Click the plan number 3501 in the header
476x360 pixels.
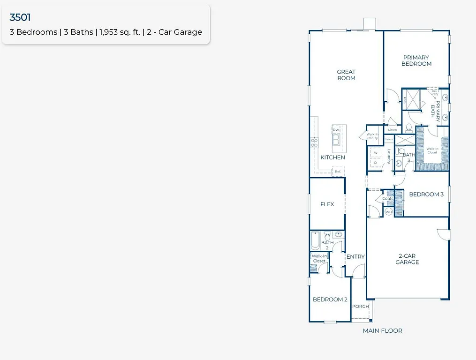pyautogui.click(x=20, y=18)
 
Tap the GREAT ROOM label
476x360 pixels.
pyautogui.click(x=346, y=75)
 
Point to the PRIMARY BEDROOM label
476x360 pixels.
pyautogui.click(x=416, y=60)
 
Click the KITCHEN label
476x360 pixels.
pyautogui.click(x=332, y=157)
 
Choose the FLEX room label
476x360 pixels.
pyautogui.click(x=327, y=204)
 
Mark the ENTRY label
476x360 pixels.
pyautogui.click(x=355, y=256)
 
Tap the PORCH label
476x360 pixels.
pyautogui.click(x=360, y=307)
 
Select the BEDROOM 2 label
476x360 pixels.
pyautogui.click(x=330, y=300)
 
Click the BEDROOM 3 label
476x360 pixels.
pyautogui.click(x=426, y=194)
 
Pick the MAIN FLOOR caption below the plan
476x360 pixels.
pyautogui.click(x=382, y=330)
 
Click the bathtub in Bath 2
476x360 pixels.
pyautogui.click(x=315, y=240)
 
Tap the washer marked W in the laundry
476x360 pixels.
pyautogui.click(x=375, y=153)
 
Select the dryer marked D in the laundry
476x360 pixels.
pyautogui.click(x=375, y=163)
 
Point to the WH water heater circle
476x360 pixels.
pyautogui.click(x=388, y=212)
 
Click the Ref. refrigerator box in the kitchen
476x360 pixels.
pyautogui.click(x=337, y=172)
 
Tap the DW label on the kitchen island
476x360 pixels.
pyautogui.click(x=335, y=130)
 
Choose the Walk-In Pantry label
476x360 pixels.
pyautogui.click(x=373, y=136)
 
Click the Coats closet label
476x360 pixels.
pyautogui.click(x=388, y=198)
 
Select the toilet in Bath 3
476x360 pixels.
pyautogui.click(x=398, y=151)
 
